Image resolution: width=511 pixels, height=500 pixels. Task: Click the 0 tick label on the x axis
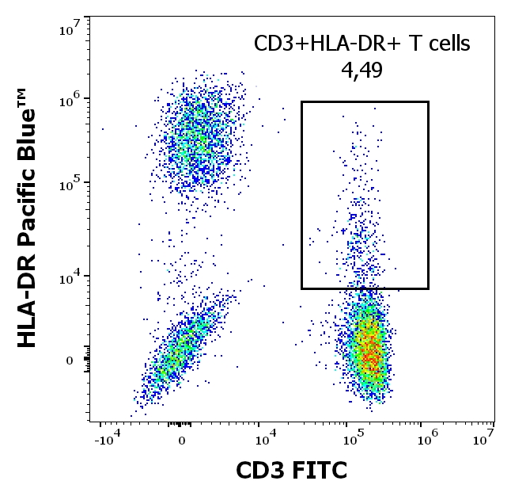click(182, 440)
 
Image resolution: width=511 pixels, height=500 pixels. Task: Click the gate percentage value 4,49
click(362, 71)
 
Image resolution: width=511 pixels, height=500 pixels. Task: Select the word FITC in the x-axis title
click(319, 471)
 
